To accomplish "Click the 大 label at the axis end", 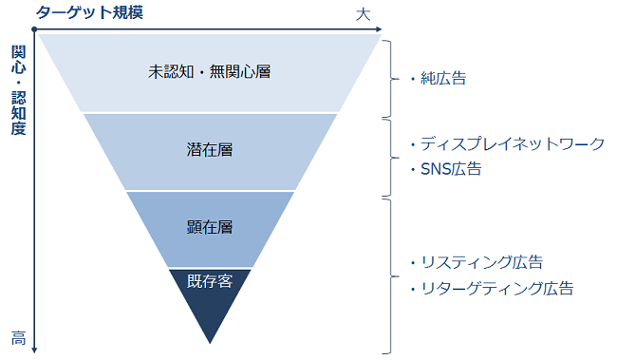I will pos(363,14).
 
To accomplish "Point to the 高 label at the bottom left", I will pos(18,337).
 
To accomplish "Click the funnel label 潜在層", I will pos(210,149).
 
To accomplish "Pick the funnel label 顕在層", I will pos(210,228).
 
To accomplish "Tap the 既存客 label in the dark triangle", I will pos(210,280).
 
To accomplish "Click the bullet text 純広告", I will pos(442,78).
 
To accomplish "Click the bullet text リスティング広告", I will pos(482,262).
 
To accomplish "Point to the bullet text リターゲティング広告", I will pos(496,287).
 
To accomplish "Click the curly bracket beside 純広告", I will pos(388,76).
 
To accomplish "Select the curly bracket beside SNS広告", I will pos(388,156).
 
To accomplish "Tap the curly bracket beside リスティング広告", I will pos(388,275).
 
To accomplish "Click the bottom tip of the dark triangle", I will pos(210,342).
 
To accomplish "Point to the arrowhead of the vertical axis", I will pos(34,350).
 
